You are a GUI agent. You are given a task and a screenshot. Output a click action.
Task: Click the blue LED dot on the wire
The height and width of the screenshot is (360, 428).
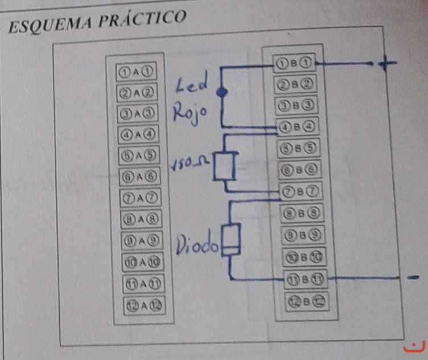(x=221, y=91)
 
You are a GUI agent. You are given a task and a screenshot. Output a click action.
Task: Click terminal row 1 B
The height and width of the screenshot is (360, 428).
(x=295, y=63)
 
